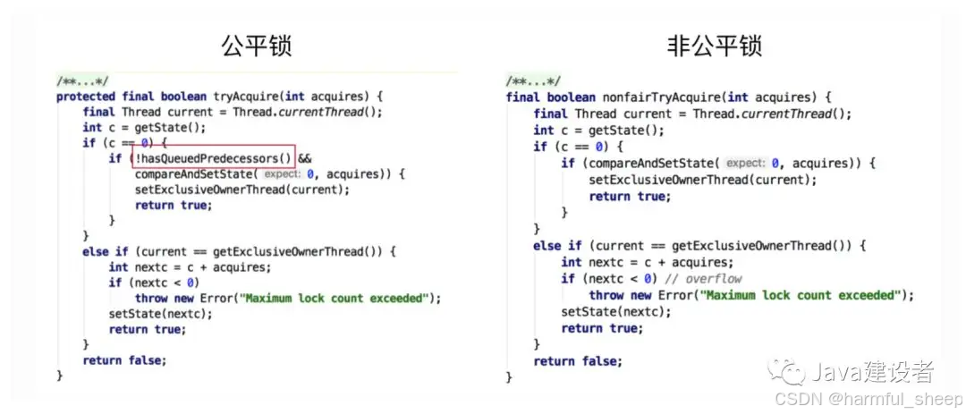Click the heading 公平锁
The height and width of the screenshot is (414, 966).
coord(258,46)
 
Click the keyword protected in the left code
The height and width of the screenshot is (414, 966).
coord(86,97)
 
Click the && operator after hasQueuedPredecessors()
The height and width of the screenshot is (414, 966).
coord(304,158)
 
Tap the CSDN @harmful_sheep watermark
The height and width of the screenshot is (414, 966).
coord(868,397)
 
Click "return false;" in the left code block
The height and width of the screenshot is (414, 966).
coord(124,360)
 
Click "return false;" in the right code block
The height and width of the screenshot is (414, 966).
coord(578,360)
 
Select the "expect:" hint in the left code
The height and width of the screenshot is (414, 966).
coord(282,173)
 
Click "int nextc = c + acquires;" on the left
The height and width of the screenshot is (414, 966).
coord(190,266)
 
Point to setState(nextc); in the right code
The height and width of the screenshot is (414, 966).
coord(614,311)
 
